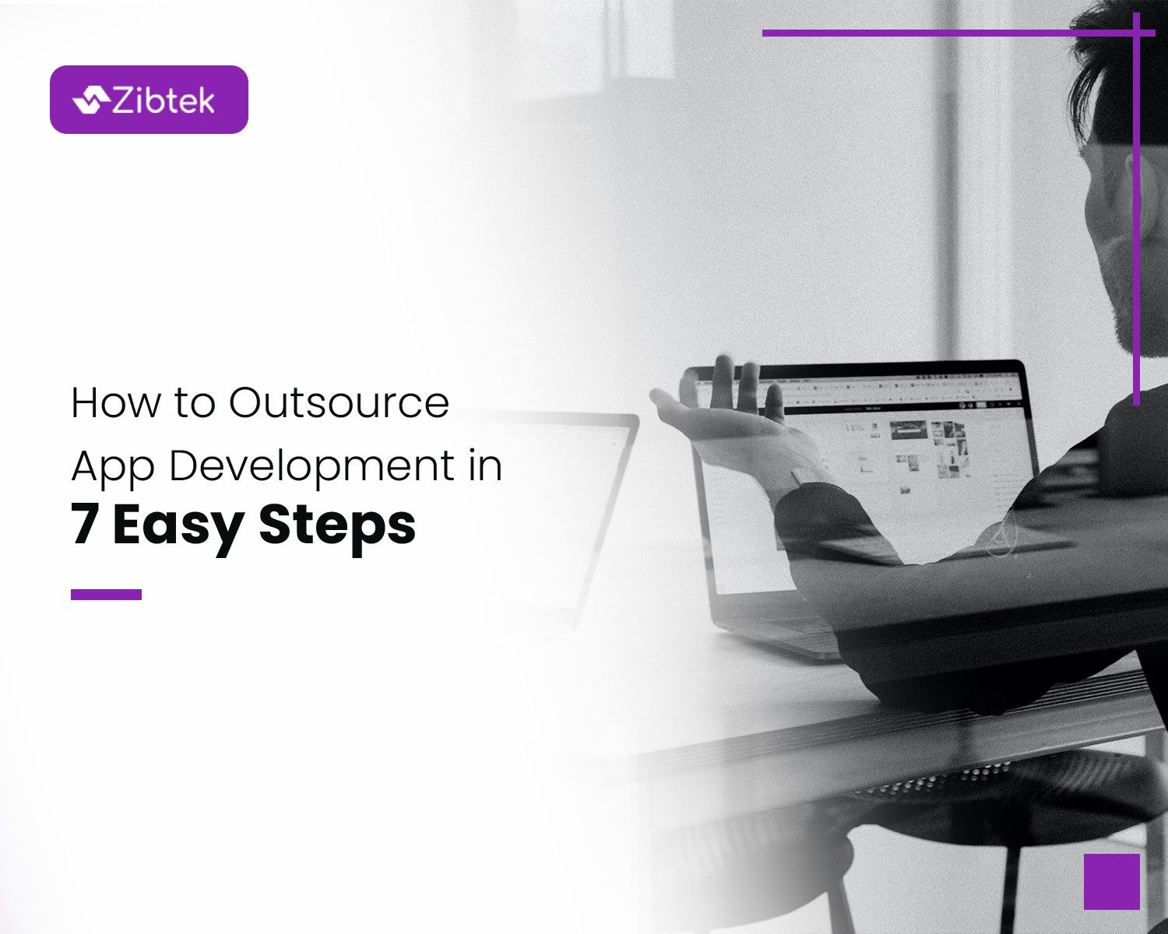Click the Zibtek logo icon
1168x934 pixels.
click(x=90, y=100)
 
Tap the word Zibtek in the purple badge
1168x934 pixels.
click(x=164, y=100)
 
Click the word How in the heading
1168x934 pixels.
click(x=116, y=403)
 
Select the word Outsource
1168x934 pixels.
click(x=339, y=403)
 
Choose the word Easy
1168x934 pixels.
click(x=178, y=526)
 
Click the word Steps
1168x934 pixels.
click(x=337, y=526)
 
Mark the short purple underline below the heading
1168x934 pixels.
click(x=106, y=595)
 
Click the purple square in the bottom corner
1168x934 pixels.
click(x=1111, y=881)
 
